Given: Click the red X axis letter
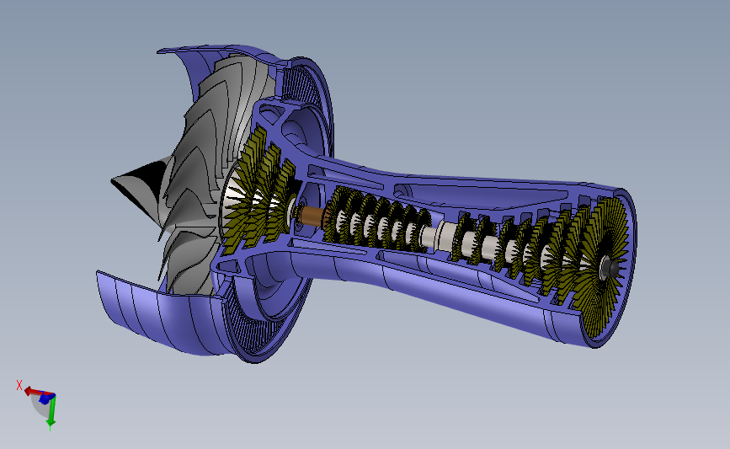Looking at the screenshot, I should tap(19, 384).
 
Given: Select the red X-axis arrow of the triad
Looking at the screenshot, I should tap(32, 392).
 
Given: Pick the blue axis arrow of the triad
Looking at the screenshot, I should tap(45, 398).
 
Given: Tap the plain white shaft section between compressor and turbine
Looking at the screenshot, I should tap(440, 237).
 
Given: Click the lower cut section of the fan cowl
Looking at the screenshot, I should tap(160, 316).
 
